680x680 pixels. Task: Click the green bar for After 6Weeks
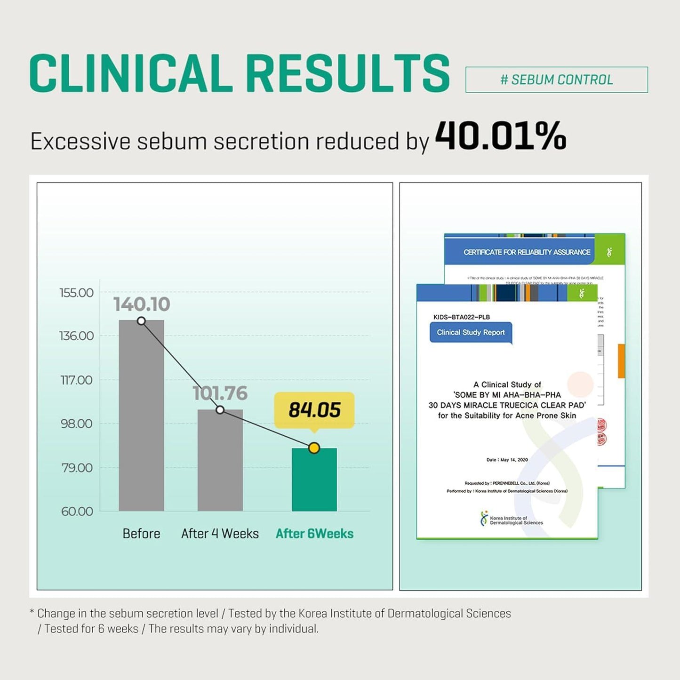point(314,480)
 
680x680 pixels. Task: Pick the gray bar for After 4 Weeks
point(220,461)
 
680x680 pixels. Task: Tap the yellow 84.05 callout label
point(314,409)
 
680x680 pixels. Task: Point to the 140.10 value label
point(142,304)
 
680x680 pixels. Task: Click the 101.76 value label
point(220,393)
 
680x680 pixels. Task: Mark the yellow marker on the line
point(314,448)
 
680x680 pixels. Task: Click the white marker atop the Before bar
point(141,321)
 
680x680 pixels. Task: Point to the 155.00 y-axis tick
point(76,293)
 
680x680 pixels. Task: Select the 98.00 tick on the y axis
point(76,424)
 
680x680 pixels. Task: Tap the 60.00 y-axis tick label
point(77,512)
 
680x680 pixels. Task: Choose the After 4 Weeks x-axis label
point(220,534)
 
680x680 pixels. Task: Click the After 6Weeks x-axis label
point(314,534)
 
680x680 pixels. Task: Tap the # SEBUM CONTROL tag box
point(556,80)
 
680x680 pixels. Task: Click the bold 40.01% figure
point(500,136)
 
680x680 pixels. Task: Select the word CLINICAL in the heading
point(131,73)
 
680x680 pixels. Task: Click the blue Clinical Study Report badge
point(471,333)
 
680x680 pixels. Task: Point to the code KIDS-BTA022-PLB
point(461,317)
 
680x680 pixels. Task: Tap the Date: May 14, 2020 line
point(507,460)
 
